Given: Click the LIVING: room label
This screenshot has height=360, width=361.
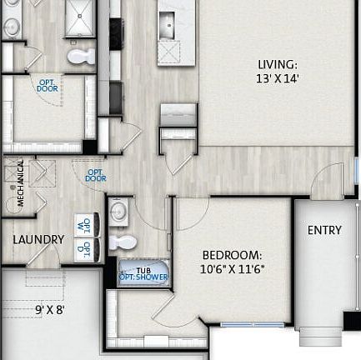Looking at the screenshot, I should [x=277, y=64].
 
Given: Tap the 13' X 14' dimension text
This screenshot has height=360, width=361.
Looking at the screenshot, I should [x=277, y=78].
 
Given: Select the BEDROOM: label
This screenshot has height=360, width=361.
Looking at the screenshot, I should [x=232, y=255].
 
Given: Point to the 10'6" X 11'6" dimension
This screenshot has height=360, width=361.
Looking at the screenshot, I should [x=232, y=269].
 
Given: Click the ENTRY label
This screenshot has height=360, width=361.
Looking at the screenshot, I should [x=324, y=230].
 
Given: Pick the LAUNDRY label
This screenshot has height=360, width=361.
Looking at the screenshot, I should [x=38, y=240].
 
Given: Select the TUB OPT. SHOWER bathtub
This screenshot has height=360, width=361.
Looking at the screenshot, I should [x=143, y=272].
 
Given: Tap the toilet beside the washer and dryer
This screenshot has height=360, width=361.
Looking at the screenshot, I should [x=123, y=243].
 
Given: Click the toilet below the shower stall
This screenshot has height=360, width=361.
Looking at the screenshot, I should [x=82, y=57].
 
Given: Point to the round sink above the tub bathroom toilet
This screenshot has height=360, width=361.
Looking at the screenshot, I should [x=118, y=211].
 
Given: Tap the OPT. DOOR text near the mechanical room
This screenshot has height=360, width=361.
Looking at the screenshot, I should [x=96, y=175].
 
